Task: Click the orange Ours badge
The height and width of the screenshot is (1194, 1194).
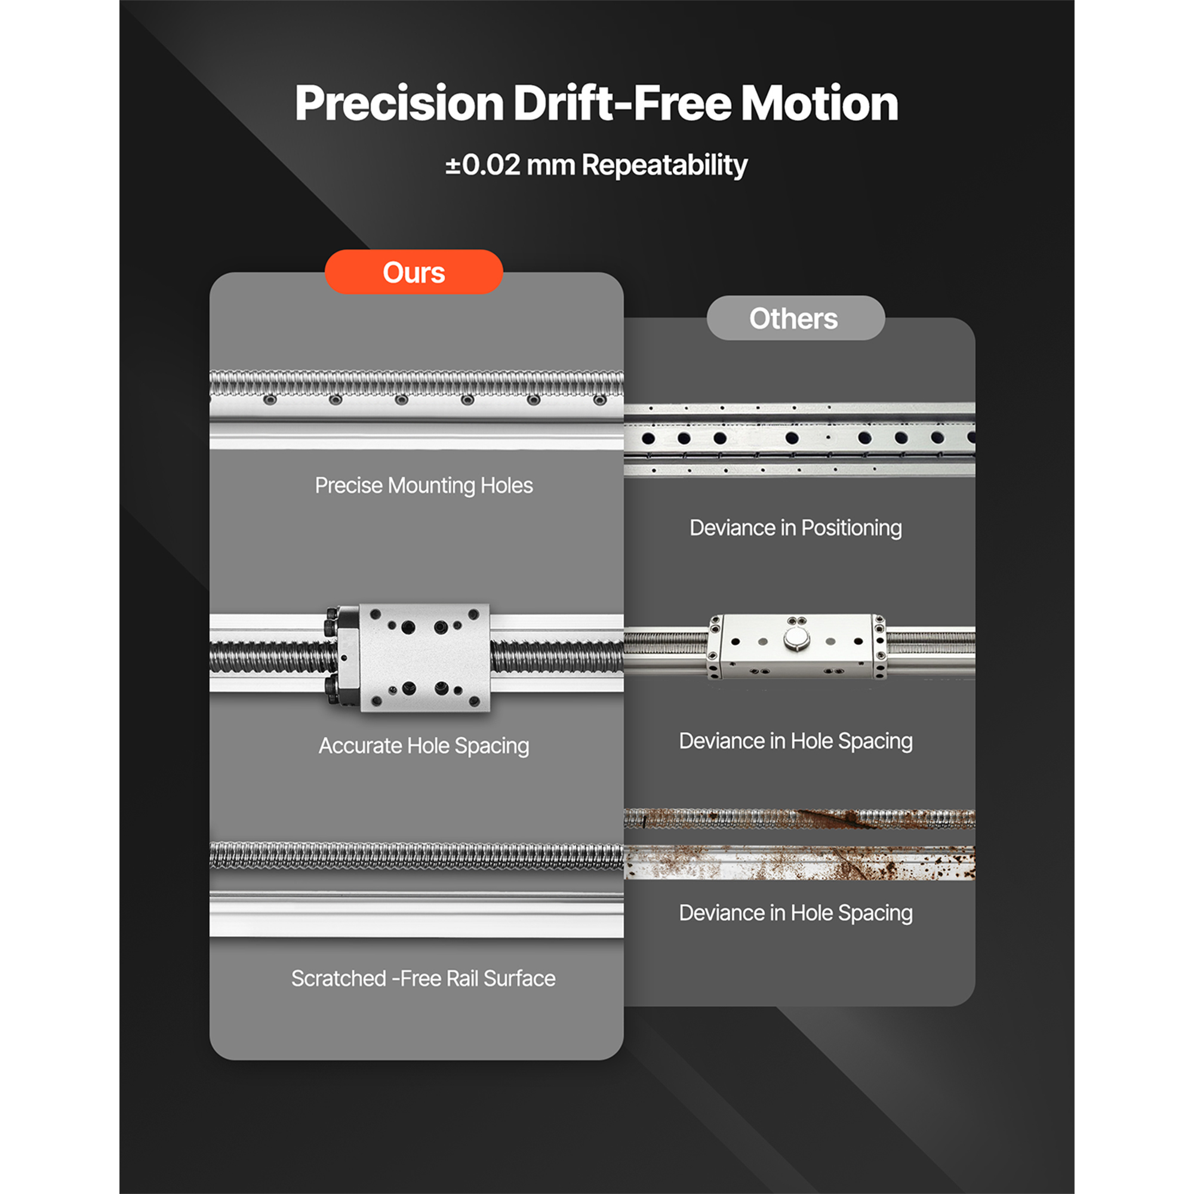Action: pos(414,272)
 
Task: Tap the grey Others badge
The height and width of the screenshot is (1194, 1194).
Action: pos(795,318)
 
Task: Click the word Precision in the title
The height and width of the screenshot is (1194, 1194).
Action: pos(399,103)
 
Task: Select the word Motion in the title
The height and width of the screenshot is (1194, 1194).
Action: pos(819,103)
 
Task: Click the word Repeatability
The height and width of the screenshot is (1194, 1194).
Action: pos(664,165)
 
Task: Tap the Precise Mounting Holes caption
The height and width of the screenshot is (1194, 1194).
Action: pos(424,486)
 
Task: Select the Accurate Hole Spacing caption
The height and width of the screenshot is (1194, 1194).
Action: pos(424,746)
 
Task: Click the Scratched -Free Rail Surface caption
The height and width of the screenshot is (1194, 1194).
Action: pos(423,978)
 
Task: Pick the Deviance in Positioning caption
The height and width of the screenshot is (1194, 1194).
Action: pos(795,528)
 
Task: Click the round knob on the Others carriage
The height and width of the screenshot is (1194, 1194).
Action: pos(795,639)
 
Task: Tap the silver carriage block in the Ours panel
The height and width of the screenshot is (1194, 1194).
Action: pos(424,657)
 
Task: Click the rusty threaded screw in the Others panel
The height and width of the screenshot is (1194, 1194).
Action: pos(800,818)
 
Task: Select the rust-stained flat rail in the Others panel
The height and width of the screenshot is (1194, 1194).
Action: pos(800,863)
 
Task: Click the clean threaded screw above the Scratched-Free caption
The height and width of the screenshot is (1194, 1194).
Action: pos(417,856)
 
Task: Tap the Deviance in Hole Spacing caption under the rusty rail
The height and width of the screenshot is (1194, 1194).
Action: pos(795,913)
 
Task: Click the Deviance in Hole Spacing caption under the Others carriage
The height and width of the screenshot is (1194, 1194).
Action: pos(795,741)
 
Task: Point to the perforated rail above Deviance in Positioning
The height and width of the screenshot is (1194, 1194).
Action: pos(800,439)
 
